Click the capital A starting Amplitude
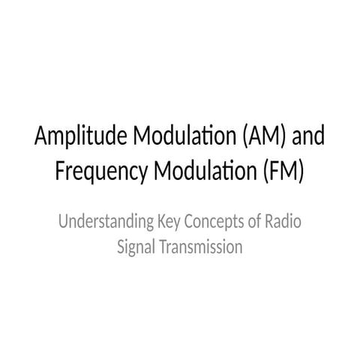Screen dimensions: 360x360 [42, 139]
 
